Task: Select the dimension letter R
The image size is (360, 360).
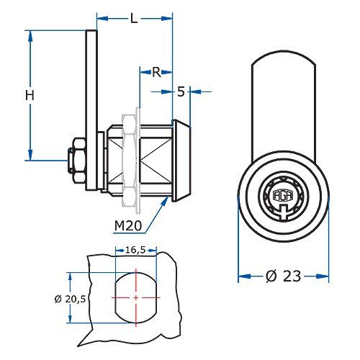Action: click(156, 72)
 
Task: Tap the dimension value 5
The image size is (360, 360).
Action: click(181, 91)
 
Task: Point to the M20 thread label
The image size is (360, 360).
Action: click(127, 225)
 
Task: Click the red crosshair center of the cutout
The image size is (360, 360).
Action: click(135, 297)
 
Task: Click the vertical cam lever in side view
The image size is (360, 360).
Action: click(91, 108)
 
